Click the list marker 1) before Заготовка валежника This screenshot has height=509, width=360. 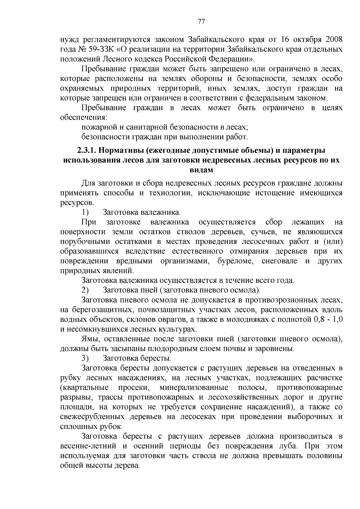85,213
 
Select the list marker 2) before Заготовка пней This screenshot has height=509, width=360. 85,290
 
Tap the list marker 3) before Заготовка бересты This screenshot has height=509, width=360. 85,358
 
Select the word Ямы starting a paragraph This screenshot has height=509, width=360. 89,339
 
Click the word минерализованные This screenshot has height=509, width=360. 194,388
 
